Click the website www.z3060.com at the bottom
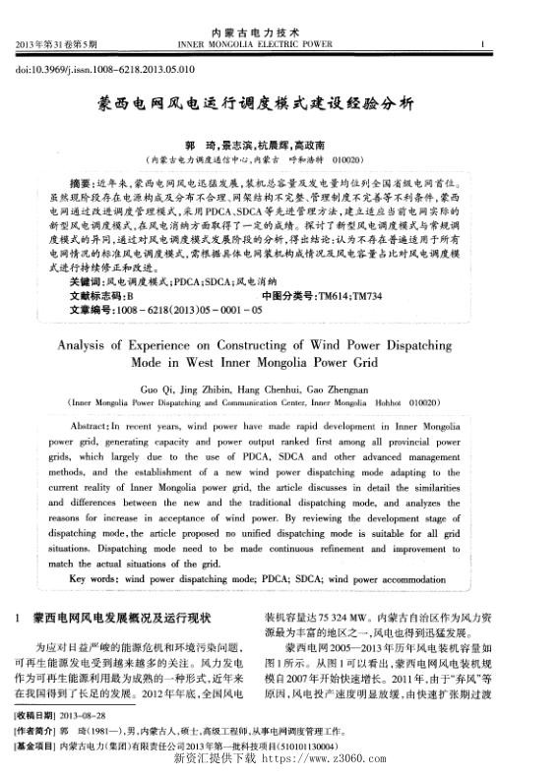point(327,759)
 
